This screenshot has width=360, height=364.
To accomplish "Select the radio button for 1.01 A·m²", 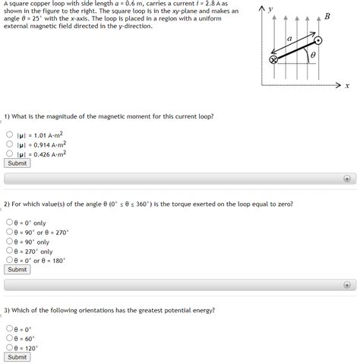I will coord(9,135).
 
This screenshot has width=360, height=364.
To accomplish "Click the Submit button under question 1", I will coord(17,163).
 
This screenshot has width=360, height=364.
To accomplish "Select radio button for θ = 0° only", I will coord(9,223).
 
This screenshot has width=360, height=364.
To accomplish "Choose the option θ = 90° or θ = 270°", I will coord(9,232).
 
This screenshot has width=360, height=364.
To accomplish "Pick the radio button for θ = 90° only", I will coord(9,242).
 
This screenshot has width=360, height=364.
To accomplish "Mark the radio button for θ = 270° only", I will coord(9,251).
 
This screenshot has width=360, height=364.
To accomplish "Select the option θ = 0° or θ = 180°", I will coord(9,260).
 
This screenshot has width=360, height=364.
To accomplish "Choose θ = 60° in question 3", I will coord(9,338).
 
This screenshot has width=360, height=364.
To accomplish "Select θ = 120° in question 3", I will coord(9,347).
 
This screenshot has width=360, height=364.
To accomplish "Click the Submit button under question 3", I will coord(17,356).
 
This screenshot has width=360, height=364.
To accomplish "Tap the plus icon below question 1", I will coord(347,179).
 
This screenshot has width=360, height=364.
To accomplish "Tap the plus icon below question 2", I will coord(347,285).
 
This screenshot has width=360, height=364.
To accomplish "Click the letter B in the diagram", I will coord(327,17).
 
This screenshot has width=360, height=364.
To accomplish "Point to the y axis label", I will coord(270,8).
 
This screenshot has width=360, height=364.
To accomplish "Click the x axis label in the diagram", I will coord(346,86).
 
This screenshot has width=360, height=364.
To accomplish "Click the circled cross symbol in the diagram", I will coord(274,60).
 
